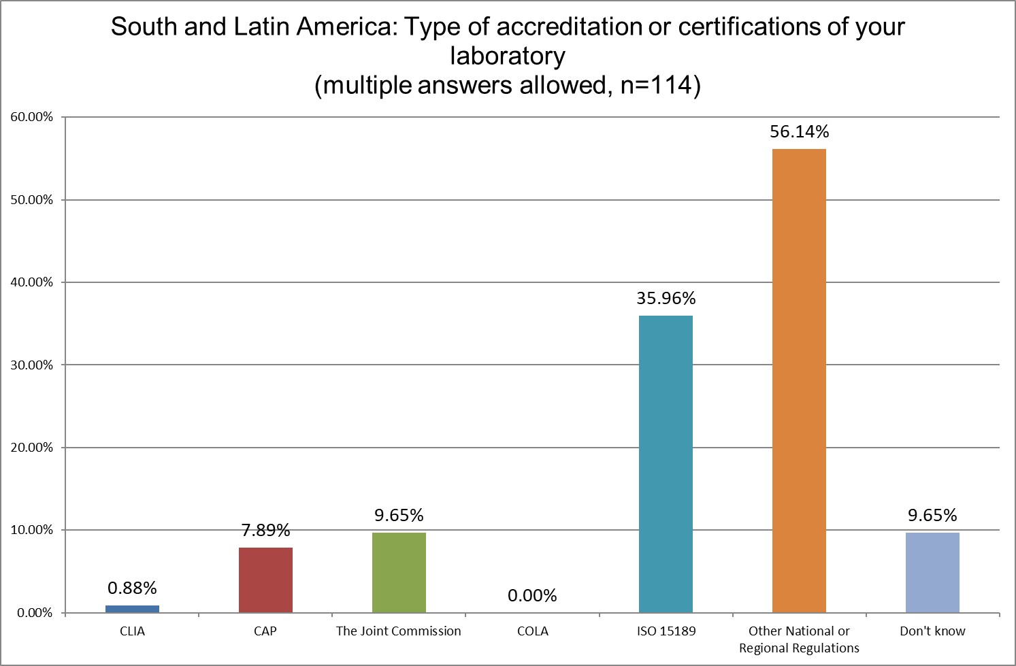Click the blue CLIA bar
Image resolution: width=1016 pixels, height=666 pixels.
[133, 609]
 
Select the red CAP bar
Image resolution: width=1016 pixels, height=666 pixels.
[265, 580]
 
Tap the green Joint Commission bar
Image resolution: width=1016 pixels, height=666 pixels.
[399, 572]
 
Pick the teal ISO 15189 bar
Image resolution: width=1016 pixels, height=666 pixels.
[666, 464]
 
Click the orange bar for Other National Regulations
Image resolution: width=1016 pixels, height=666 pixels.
[799, 381]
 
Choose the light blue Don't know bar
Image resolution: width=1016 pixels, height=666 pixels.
[932, 572]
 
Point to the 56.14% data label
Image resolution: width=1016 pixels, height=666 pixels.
[799, 132]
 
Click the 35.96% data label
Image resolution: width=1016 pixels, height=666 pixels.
[666, 299]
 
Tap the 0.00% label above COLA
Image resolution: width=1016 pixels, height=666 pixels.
[532, 596]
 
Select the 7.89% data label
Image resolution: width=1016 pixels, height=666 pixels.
[265, 530]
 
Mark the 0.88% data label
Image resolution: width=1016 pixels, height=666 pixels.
[133, 588]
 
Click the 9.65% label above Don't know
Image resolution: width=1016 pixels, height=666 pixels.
[932, 516]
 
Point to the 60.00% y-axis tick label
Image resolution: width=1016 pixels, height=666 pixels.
[31, 117]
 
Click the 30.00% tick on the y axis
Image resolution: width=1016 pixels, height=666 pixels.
[31, 365]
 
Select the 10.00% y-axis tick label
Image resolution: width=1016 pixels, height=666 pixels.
[31, 531]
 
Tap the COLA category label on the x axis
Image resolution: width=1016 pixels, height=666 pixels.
[532, 631]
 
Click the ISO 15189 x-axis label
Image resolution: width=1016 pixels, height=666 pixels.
[666, 631]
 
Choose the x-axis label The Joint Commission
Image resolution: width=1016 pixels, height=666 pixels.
[399, 631]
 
